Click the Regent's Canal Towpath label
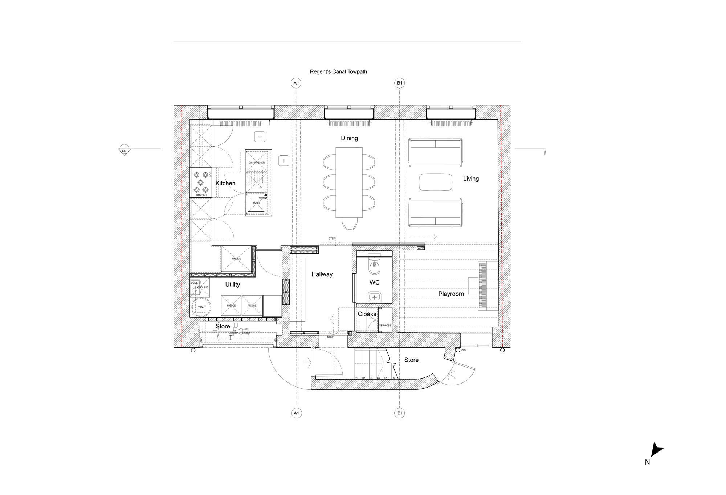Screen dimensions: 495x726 point(338,72)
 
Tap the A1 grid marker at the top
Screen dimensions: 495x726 point(296,83)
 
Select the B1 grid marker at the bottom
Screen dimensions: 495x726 point(400,413)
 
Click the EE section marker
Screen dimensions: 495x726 point(124,151)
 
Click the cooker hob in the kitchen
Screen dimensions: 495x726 point(201,182)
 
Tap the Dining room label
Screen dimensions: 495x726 point(349,138)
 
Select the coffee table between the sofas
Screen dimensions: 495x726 point(436,182)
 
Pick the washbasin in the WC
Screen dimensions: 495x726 point(374,297)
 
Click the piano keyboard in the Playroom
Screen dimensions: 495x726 point(482,286)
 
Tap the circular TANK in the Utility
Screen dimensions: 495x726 point(201,307)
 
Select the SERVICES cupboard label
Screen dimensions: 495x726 point(385,326)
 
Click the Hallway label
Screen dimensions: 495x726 point(322,274)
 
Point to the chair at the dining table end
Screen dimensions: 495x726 point(349,224)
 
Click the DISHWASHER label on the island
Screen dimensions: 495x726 point(257,163)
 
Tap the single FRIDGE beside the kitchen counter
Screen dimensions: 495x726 point(236,259)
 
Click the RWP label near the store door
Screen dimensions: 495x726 point(464,350)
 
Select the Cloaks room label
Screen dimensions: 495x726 point(367,314)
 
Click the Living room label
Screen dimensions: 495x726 point(471,179)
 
